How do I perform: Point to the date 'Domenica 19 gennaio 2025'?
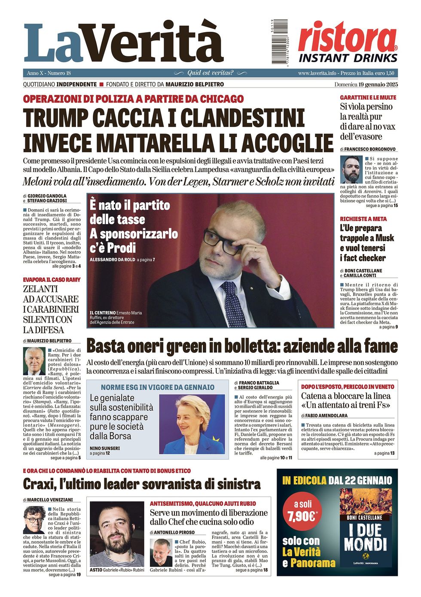pyautogui.click(x=366, y=85)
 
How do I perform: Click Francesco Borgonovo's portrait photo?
pyautogui.click(x=351, y=170)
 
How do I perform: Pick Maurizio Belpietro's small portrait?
pyautogui.click(x=34, y=361)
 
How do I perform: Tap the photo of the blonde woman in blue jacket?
pyautogui.click(x=192, y=424)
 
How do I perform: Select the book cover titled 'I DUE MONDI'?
pyautogui.click(x=366, y=527)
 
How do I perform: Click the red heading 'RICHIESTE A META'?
pyautogui.click(x=363, y=219)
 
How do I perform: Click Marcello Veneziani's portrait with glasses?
pyautogui.click(x=34, y=519)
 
